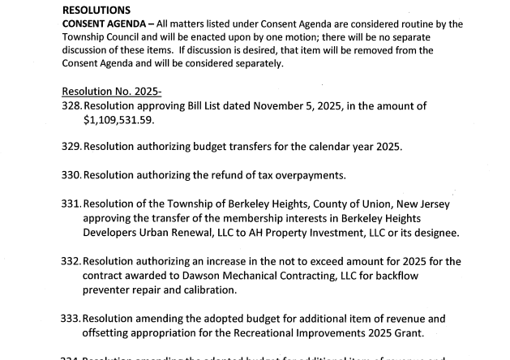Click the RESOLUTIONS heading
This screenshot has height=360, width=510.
point(96,10)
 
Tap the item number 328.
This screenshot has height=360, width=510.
point(71,106)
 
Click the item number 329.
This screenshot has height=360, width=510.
point(71,148)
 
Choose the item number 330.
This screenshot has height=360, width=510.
point(71,176)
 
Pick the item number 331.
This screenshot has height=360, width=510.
point(71,204)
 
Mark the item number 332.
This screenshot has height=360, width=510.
point(71,261)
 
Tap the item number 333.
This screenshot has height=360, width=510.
point(71,319)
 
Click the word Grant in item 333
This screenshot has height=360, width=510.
point(395,332)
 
